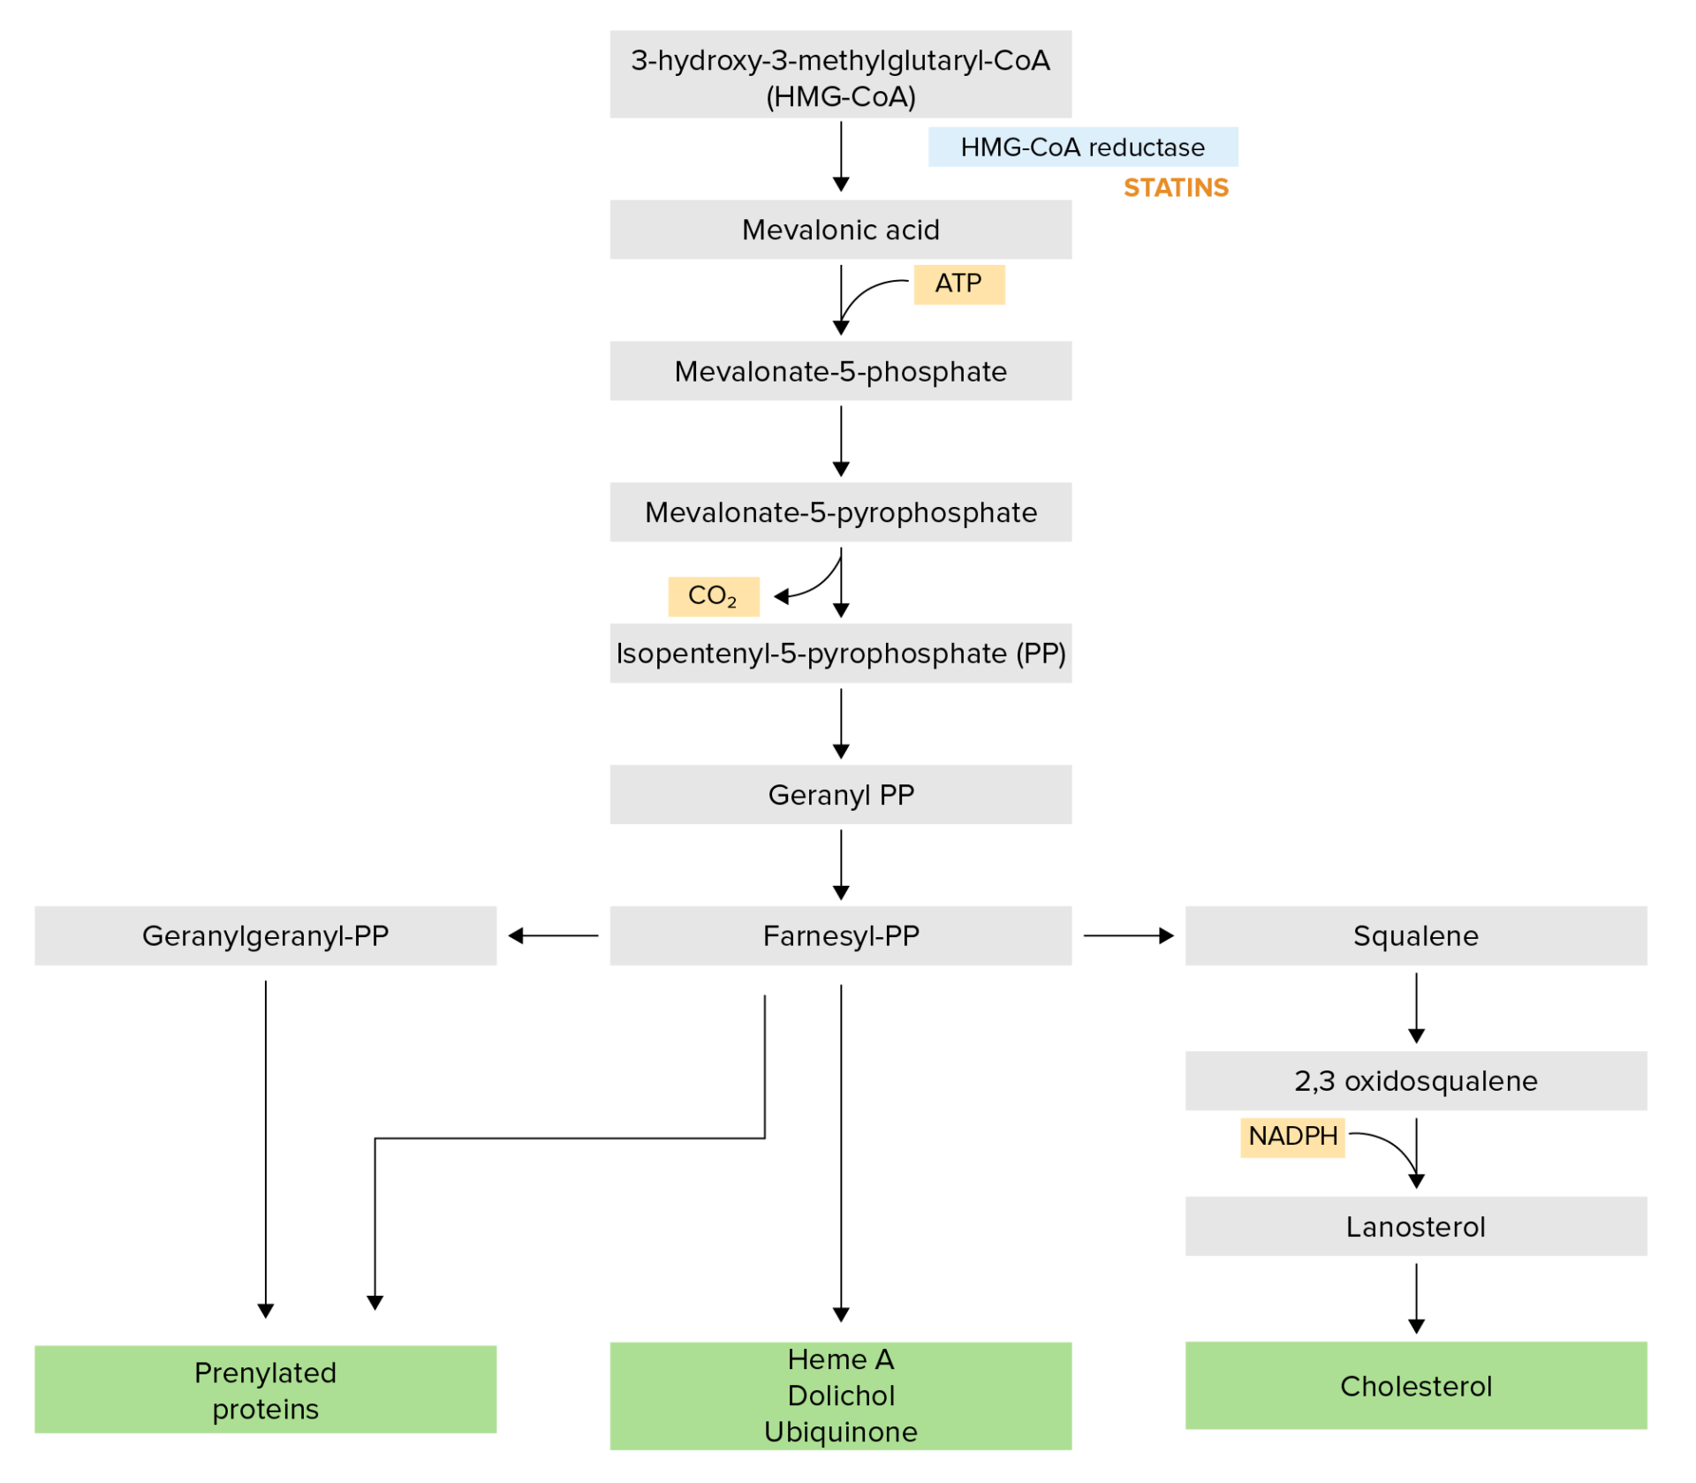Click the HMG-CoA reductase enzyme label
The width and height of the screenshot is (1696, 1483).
[1082, 147]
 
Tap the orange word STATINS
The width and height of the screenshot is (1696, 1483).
[1176, 187]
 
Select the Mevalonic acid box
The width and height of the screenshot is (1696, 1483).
[840, 230]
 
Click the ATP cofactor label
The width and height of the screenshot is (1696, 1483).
[958, 284]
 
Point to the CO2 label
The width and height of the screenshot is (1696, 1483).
[713, 596]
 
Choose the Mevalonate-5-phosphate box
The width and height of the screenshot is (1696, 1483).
[840, 371]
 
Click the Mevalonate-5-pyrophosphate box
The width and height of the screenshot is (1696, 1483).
[840, 512]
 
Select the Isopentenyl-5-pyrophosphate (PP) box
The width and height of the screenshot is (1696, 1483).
[840, 654]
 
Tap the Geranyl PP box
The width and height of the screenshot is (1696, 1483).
[840, 795]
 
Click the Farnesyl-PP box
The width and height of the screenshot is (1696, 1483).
[840, 935]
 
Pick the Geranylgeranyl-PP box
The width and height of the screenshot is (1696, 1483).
[265, 935]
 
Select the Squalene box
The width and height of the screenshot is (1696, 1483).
[1415, 935]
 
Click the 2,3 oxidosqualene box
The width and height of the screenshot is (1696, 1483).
[1415, 1080]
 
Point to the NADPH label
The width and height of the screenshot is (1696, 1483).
[1292, 1136]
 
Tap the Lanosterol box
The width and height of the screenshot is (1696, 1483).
[1415, 1226]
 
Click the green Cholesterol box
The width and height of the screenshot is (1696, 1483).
[1415, 1386]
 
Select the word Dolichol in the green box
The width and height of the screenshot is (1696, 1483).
[840, 1396]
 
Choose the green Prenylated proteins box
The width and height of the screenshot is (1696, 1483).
[265, 1390]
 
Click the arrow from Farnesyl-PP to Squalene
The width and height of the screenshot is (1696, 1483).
[1128, 935]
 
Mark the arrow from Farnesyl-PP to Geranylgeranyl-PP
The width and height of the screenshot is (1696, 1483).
[553, 935]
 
